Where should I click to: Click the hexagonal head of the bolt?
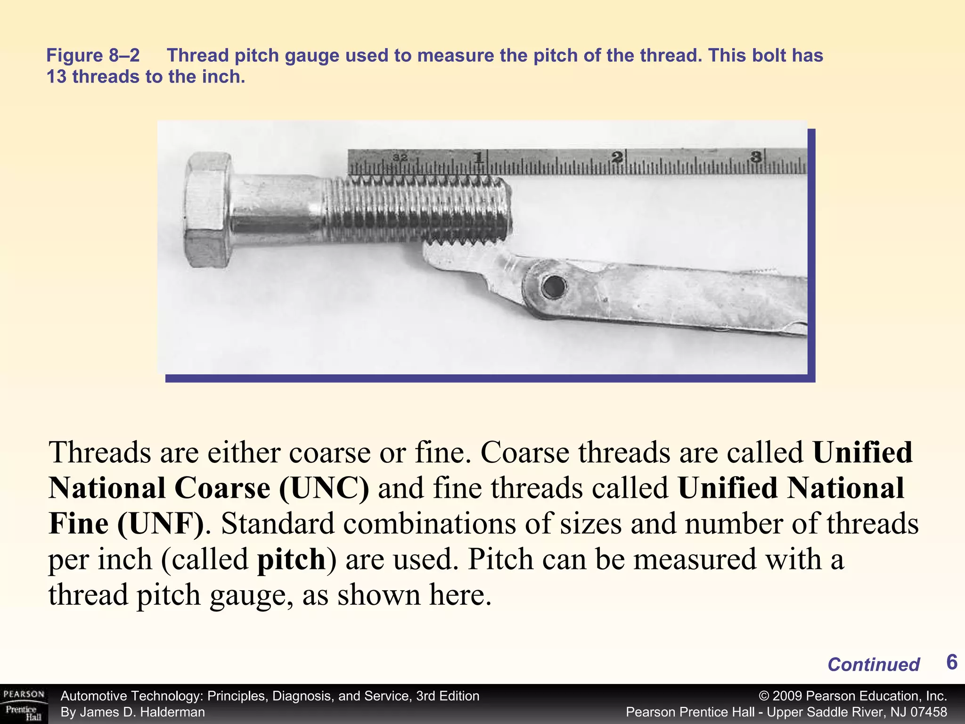207,211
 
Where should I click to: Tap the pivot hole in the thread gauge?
554,287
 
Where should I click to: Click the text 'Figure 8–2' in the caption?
93,56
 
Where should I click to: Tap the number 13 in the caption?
57,77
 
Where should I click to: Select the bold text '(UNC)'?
324,488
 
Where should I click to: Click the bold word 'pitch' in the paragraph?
292,559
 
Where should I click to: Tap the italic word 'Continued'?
873,665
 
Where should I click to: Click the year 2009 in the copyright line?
788,696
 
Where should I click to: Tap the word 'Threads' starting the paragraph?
100,452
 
